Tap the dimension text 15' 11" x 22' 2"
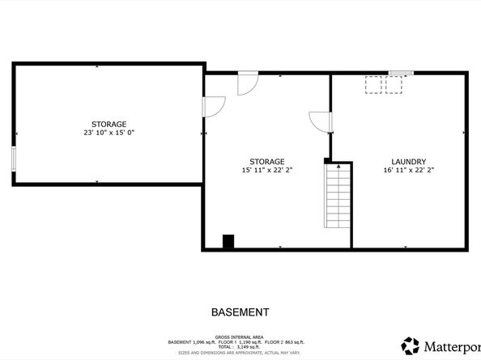pyautogui.click(x=266, y=171)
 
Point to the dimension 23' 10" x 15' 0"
pyautogui.click(x=108, y=133)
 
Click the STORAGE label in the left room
pyautogui.click(x=108, y=124)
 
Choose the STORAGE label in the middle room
pyautogui.click(x=266, y=162)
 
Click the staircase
pyautogui.click(x=338, y=197)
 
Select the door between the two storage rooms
pyautogui.click(x=212, y=106)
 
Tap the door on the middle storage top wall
pyautogui.click(x=246, y=85)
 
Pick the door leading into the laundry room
pyautogui.click(x=321, y=121)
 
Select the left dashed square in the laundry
pyautogui.click(x=373, y=84)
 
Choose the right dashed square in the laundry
pyautogui.click(x=394, y=84)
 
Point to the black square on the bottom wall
pyautogui.click(x=228, y=241)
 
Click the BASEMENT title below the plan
pyautogui.click(x=240, y=311)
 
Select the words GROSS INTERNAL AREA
pyautogui.click(x=240, y=337)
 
